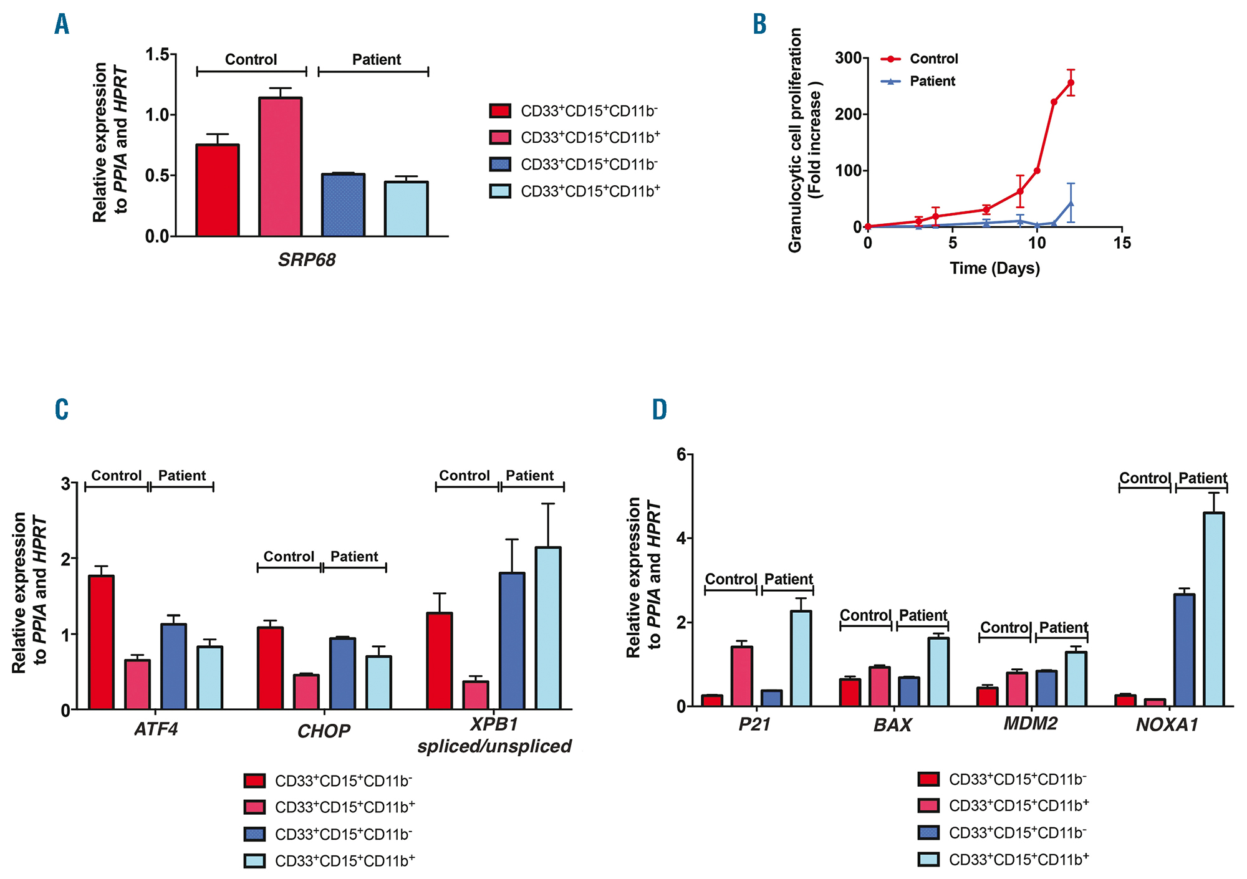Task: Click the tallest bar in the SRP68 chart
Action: [280, 166]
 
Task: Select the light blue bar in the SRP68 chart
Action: [406, 209]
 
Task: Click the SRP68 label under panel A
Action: [306, 259]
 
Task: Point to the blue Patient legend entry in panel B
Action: [932, 82]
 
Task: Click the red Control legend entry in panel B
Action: [933, 59]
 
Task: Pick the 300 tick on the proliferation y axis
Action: [848, 58]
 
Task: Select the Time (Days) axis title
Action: [994, 269]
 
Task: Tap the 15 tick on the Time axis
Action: [1122, 243]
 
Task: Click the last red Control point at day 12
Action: [1071, 82]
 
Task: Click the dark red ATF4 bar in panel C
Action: [101, 642]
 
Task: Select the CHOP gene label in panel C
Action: [324, 731]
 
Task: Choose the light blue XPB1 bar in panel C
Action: [547, 628]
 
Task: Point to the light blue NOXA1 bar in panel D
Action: [1213, 609]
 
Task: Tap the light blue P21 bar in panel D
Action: [801, 658]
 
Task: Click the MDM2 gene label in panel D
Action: [1030, 724]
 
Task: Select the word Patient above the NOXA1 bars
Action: [1202, 478]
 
